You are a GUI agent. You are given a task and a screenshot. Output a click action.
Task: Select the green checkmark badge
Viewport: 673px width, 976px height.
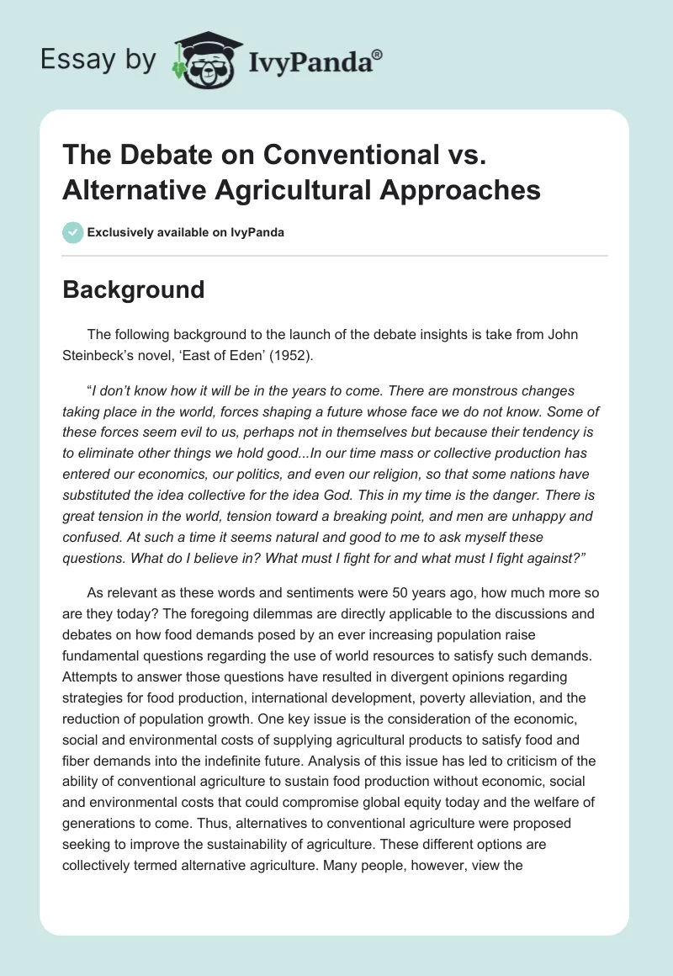(x=72, y=232)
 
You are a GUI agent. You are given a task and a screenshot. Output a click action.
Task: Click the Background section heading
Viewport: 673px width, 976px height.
(x=134, y=289)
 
